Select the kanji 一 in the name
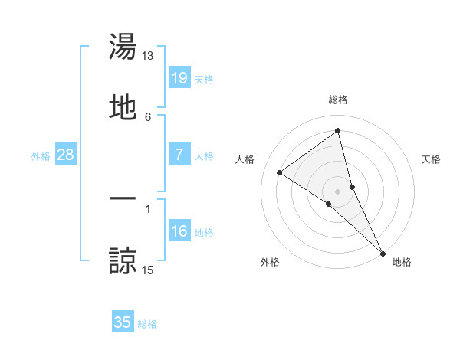(x=123, y=198)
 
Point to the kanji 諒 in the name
(x=123, y=260)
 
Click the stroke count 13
(x=148, y=56)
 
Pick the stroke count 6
(x=148, y=116)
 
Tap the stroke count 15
(x=148, y=270)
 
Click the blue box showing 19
(x=179, y=77)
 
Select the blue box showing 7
(x=179, y=155)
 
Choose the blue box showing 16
(x=179, y=231)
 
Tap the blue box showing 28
(x=66, y=155)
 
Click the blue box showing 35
(x=123, y=322)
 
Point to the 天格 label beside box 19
(x=204, y=79)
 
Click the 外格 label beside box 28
(x=41, y=156)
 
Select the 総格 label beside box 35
(x=147, y=324)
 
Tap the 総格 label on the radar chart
(x=338, y=100)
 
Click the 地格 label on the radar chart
(x=402, y=262)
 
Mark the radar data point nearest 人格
(x=279, y=172)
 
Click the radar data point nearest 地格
(x=383, y=253)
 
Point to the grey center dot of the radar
(x=337, y=191)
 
